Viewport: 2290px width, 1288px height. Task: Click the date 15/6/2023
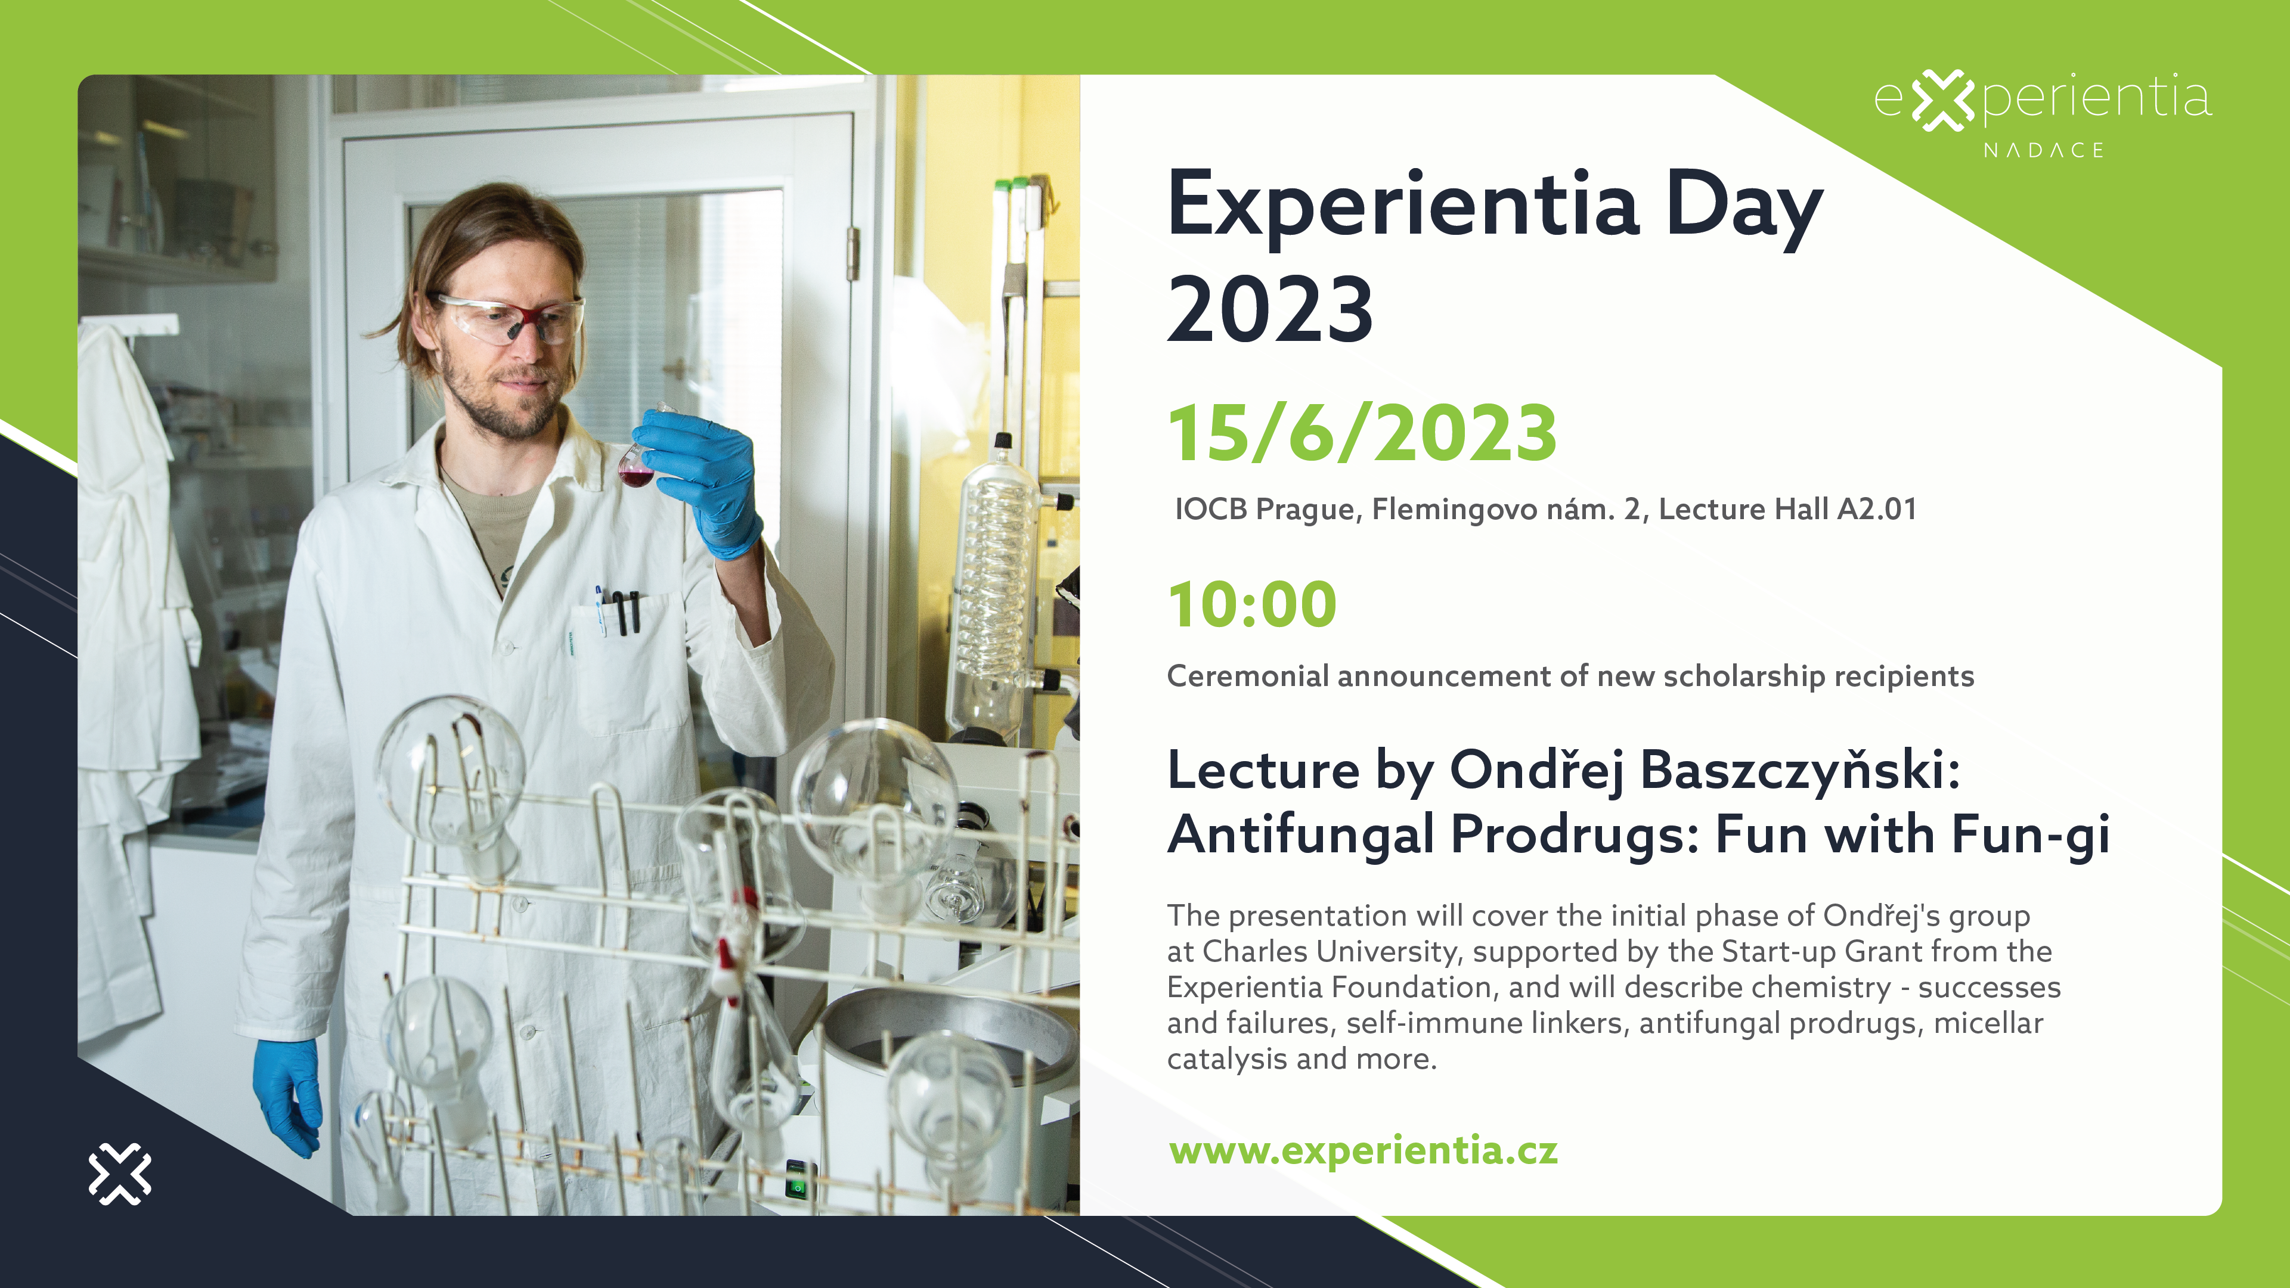pyautogui.click(x=1362, y=434)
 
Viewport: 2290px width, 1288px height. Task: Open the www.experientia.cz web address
pyautogui.click(x=1363, y=1151)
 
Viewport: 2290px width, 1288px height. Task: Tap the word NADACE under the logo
pyautogui.click(x=2043, y=150)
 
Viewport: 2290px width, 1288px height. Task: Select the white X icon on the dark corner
pyautogui.click(x=120, y=1174)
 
